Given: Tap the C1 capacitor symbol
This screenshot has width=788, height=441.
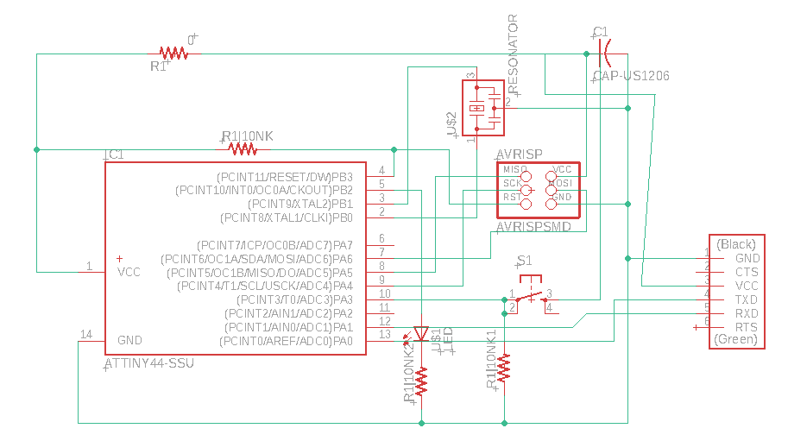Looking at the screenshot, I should click(604, 54).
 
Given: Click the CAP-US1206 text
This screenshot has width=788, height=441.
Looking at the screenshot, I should click(631, 77).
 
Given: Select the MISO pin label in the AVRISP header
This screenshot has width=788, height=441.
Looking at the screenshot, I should click(514, 170).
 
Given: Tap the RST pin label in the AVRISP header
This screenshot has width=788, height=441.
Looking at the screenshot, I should click(512, 198).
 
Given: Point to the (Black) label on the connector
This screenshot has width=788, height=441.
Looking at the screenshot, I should click(735, 244).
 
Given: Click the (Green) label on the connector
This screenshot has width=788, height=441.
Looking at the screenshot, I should click(735, 340).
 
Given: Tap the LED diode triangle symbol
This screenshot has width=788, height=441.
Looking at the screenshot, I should click(421, 333).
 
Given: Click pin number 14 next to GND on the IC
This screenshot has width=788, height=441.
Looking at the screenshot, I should click(85, 334).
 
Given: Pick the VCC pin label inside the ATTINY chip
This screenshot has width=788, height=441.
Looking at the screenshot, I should click(129, 272).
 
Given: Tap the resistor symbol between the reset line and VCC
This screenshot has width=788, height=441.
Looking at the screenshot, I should click(243, 149).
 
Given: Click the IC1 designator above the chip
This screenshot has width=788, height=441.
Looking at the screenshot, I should click(114, 155).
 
